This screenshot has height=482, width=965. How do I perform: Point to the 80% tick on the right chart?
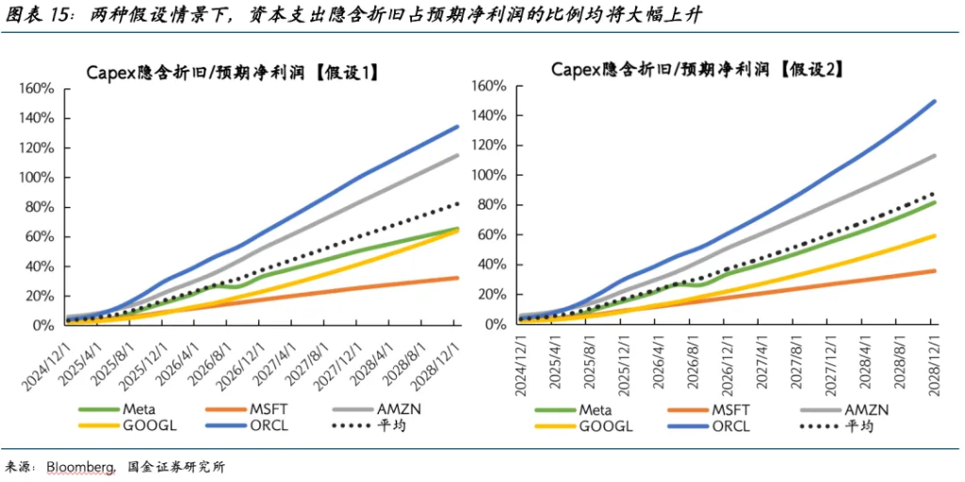coord(492,204)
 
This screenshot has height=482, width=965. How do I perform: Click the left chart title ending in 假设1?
coord(232,72)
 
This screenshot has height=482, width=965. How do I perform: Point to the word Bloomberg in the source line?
coord(77,467)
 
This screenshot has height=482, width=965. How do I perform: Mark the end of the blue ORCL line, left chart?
coord(458,126)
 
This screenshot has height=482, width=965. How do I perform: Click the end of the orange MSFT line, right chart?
coord(935,270)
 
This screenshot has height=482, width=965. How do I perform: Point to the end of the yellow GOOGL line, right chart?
coord(935,235)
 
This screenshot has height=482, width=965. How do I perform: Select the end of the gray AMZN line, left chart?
coord(458,155)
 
